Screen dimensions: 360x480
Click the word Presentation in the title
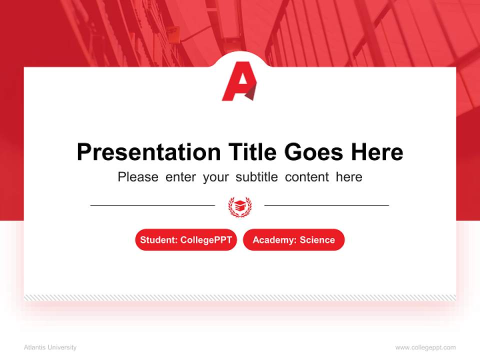148,152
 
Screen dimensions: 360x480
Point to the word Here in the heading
376,152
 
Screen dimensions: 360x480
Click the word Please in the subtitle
138,177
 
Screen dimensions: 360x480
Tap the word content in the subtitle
307,177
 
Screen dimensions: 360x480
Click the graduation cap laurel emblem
240,205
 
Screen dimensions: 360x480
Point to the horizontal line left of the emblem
152,205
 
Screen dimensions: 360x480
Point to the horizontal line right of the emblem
326,205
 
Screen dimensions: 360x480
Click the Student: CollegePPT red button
186,240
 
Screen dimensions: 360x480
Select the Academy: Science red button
293,240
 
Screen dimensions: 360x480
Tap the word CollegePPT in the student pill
206,240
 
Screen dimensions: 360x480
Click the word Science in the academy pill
317,240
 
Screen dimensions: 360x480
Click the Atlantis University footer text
50,347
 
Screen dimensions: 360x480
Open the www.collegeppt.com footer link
425,347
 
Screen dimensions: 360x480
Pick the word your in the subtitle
215,177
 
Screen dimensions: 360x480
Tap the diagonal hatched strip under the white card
240,297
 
